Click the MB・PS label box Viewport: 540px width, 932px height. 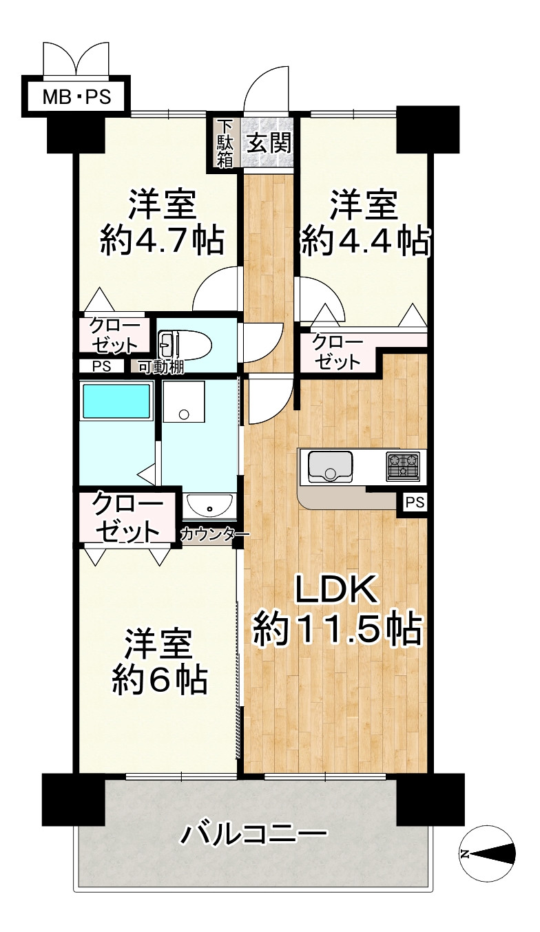(76, 97)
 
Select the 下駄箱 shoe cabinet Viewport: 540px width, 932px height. (225, 143)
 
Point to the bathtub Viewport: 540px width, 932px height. (116, 401)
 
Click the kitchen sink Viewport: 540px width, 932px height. (331, 467)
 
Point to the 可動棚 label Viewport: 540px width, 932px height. (160, 367)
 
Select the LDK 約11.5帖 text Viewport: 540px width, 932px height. (337, 610)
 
